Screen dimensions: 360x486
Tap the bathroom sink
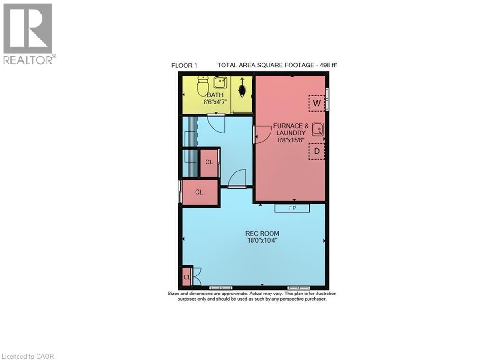(220, 83)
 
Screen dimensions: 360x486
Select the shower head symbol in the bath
(243, 88)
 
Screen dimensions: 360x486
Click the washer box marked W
(317, 103)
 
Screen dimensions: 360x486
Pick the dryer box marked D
(317, 152)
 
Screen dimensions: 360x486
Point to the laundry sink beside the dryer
(318, 129)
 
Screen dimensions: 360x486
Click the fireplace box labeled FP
(292, 208)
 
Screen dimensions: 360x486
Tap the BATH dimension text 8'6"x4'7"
(215, 102)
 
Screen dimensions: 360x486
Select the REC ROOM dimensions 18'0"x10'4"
(262, 240)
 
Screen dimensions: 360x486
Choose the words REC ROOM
(262, 233)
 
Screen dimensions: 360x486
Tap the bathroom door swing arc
(219, 123)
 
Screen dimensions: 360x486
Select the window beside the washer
(327, 99)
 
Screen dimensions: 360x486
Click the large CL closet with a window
(199, 192)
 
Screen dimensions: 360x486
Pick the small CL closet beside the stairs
(209, 162)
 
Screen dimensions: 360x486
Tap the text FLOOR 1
(184, 66)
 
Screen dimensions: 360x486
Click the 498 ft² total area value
(327, 65)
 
